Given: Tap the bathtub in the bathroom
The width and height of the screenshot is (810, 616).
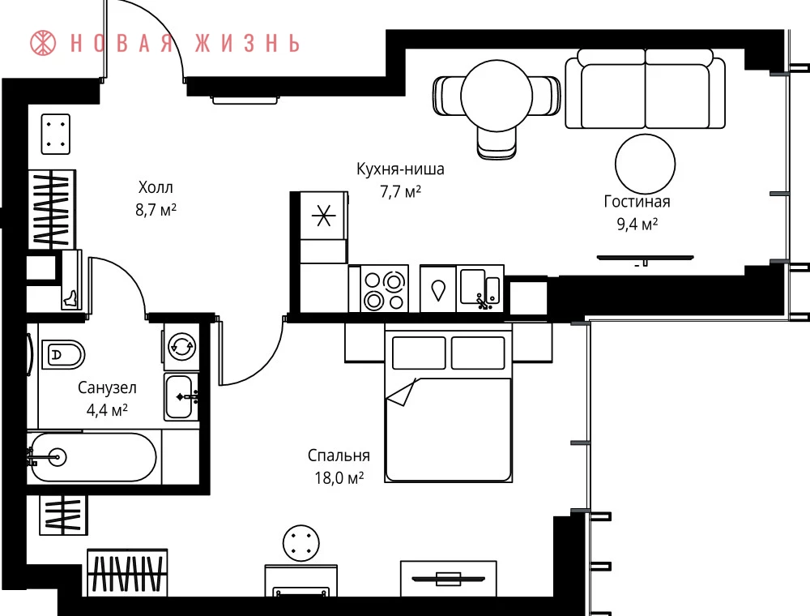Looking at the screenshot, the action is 93,457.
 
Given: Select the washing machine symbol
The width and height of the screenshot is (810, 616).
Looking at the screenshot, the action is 181,346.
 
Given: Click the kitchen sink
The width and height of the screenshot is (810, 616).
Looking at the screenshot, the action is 480,289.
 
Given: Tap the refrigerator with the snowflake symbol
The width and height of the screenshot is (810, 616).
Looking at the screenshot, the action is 323,216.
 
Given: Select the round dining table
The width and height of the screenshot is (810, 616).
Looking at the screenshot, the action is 497,96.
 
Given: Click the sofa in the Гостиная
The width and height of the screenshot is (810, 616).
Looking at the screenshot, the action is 645,88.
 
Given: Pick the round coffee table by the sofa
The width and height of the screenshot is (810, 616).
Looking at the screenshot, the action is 646,164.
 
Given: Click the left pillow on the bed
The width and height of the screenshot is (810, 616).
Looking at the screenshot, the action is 419,353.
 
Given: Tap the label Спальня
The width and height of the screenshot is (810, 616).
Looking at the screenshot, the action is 339,456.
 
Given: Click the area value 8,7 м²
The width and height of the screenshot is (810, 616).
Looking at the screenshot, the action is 156,210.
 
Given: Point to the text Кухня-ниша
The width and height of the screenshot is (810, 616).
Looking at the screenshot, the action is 400,169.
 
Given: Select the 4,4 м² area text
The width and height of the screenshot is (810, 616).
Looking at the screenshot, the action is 107,410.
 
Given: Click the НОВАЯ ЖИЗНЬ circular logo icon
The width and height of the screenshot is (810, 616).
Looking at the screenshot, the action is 43,42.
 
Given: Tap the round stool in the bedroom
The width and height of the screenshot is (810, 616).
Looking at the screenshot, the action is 301,543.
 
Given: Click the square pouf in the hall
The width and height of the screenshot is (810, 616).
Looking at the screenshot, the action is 56,134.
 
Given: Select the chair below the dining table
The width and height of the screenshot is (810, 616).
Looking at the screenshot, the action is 497,143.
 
